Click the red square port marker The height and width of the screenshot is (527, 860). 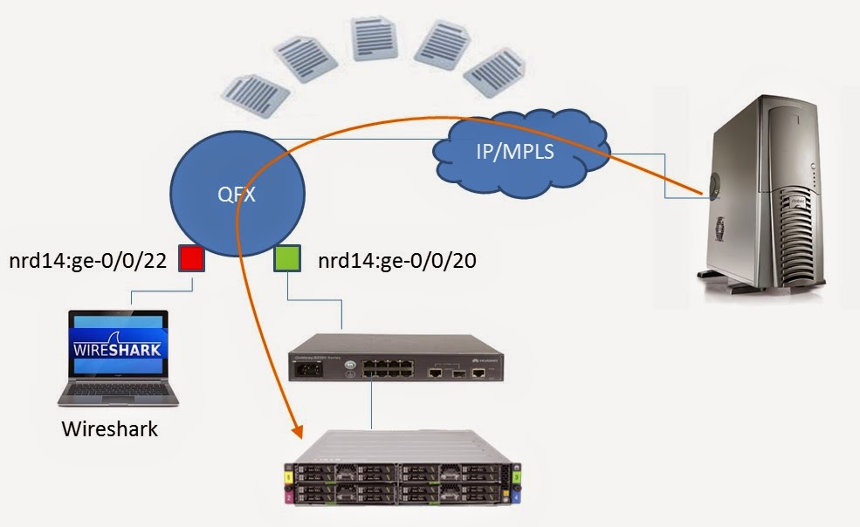click(x=191, y=258)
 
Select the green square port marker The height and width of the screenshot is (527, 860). click(x=287, y=259)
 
